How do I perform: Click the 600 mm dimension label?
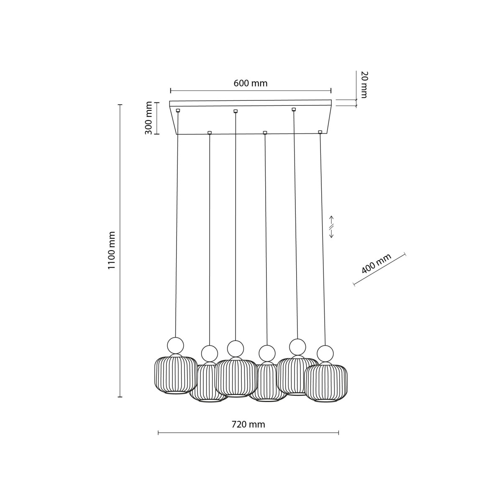pos(250,83)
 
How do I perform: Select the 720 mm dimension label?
pos(248,425)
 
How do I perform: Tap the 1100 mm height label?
pos(111,250)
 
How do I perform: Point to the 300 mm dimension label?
pos(149,118)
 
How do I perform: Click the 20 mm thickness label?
pos(364,85)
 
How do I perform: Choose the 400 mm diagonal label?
pos(376,264)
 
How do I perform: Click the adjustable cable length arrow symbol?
pos(331,227)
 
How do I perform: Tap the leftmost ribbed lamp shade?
pos(176,374)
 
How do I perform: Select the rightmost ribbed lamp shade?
pos(326,383)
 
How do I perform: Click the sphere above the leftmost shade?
pos(175,346)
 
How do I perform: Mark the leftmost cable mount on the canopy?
pos(178,110)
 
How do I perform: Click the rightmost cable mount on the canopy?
pos(320,132)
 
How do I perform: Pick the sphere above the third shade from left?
pos(236,348)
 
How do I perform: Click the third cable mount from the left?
pos(236,111)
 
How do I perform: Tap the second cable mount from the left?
pos(210,133)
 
